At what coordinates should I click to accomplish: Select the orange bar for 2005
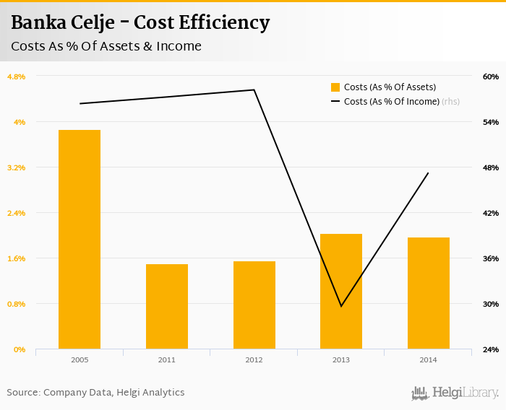(80, 240)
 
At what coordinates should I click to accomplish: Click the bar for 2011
(167, 307)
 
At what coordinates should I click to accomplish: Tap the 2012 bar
(254, 305)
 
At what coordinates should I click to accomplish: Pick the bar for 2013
(341, 292)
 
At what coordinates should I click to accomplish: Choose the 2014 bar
(429, 293)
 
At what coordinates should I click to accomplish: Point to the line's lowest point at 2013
(341, 306)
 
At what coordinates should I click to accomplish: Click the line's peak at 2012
(254, 90)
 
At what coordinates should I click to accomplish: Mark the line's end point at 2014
(429, 173)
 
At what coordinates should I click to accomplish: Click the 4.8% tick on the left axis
(16, 77)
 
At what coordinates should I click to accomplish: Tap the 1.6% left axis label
(16, 258)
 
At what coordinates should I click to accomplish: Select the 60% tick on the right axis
(491, 77)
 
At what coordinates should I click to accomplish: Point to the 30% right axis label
(491, 304)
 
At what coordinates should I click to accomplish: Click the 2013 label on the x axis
(341, 359)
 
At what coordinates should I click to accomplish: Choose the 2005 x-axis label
(80, 359)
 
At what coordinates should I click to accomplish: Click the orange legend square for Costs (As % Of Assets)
(335, 87)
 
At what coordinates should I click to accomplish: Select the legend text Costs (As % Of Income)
(391, 102)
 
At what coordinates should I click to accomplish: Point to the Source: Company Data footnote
(95, 393)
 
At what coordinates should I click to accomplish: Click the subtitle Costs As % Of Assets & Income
(106, 47)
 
